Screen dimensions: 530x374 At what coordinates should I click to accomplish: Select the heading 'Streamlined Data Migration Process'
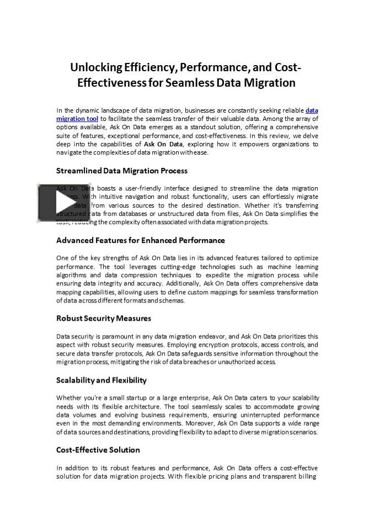(x=121, y=171)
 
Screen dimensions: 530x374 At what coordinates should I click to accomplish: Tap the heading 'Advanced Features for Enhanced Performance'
(x=140, y=240)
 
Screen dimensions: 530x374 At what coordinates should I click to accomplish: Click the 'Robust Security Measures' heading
(x=103, y=319)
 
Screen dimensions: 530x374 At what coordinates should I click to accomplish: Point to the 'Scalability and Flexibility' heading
(x=101, y=380)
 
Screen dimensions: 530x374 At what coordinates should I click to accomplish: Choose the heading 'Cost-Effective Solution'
(x=98, y=450)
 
